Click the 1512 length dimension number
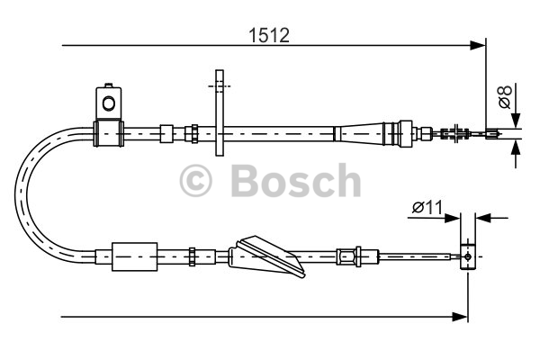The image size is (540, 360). click(269, 35)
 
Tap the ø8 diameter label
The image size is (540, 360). click(505, 97)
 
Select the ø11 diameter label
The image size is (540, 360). click(427, 207)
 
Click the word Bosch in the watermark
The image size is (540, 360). click(296, 180)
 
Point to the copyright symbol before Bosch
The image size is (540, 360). click(195, 180)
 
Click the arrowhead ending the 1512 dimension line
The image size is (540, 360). click(478, 45)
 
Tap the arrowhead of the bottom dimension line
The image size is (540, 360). click(460, 317)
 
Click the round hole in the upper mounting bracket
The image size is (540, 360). click(109, 103)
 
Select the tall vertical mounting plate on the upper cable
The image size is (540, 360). click(220, 112)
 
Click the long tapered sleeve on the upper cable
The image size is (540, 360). click(362, 133)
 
